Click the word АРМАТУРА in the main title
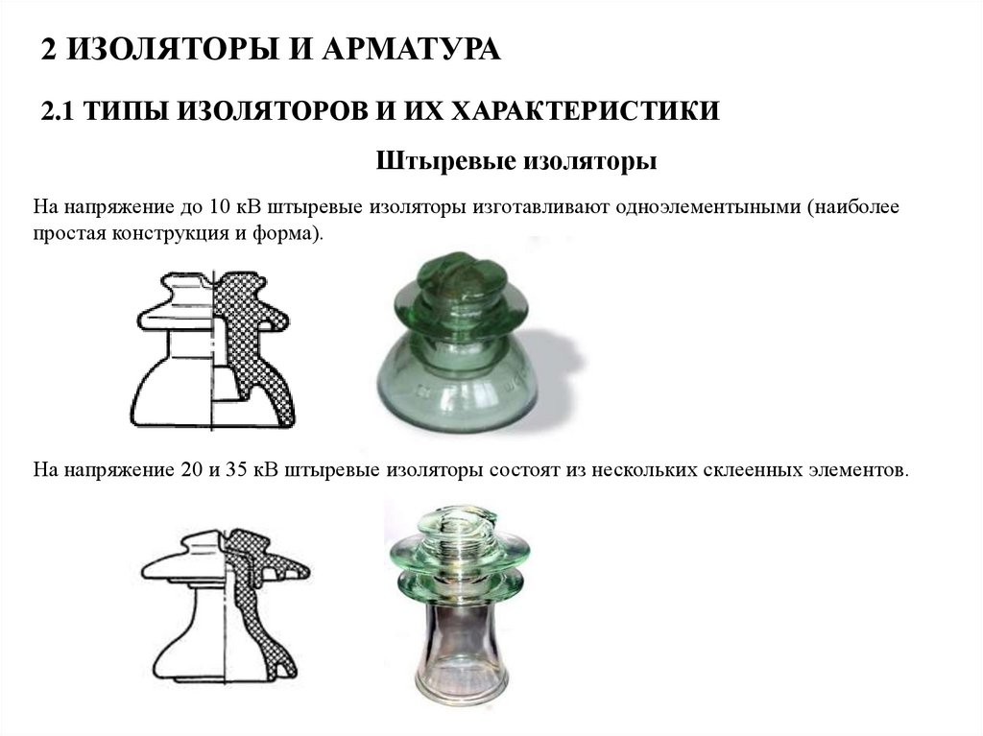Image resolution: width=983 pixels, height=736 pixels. click(411, 49)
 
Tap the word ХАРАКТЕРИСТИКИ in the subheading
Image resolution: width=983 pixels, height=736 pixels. click(586, 111)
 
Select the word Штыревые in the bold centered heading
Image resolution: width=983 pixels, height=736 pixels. click(446, 161)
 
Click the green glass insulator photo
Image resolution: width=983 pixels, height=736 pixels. click(456, 342)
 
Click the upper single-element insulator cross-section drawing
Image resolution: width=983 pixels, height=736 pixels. click(213, 350)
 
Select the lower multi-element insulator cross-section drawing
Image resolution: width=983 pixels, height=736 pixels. click(226, 606)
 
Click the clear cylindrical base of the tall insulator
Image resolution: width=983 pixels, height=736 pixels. click(462, 652)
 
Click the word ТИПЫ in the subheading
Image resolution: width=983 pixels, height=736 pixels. click(125, 111)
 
